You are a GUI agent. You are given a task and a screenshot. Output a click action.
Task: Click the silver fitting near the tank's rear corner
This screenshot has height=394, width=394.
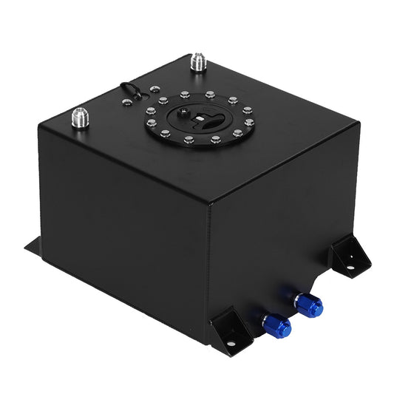[x=197, y=62]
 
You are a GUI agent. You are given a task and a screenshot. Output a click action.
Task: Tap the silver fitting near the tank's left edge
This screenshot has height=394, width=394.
[x=79, y=118]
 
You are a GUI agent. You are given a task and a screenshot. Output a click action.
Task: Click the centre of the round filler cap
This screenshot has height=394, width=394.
[x=198, y=118]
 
